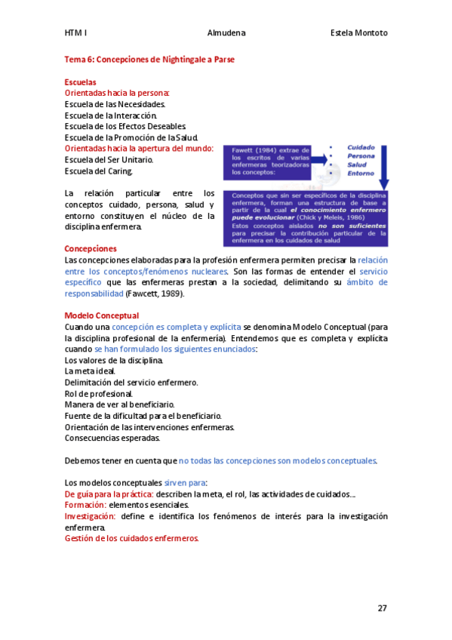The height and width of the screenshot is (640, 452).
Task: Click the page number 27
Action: (383, 608)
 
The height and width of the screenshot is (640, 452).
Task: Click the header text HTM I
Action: (75, 33)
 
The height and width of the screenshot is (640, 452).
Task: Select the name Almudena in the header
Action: (226, 33)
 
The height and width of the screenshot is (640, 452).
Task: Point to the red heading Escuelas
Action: (80, 82)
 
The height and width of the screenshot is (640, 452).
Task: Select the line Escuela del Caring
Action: (98, 171)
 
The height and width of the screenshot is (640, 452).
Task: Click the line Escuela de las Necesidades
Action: (115, 104)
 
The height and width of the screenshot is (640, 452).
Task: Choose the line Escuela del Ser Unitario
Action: (109, 160)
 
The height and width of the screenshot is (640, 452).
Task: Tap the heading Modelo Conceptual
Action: (102, 315)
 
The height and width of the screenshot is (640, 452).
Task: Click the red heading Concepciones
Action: (91, 248)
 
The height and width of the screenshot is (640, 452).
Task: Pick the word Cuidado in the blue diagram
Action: (361, 148)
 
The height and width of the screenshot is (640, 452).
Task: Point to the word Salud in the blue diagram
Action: (357, 165)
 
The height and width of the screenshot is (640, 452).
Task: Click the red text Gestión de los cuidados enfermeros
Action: (132, 538)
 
